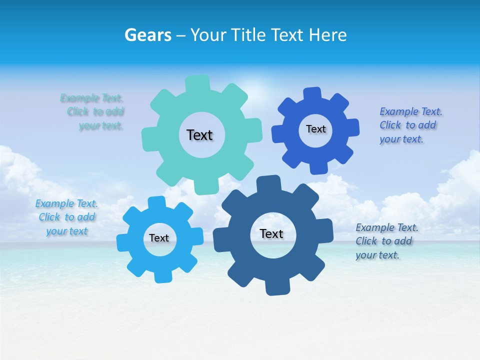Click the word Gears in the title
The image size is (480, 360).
click(x=147, y=35)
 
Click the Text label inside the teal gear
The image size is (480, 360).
click(x=199, y=135)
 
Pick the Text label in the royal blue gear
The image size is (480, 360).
click(x=315, y=129)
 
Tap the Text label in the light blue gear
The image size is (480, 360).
click(x=159, y=238)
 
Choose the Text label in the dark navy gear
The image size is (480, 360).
click(x=271, y=233)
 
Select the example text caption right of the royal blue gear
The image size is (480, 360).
click(x=410, y=125)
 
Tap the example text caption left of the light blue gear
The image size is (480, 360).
click(x=66, y=217)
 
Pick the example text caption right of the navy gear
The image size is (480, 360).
click(x=386, y=241)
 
